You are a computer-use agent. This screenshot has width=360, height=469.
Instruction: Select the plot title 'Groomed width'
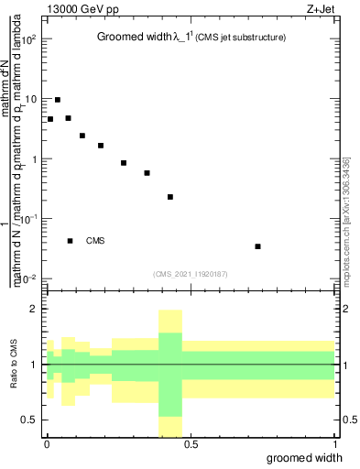(132, 38)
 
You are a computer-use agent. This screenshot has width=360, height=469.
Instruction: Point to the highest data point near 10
(58, 100)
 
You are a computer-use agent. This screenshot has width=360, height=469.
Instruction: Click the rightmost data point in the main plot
(258, 245)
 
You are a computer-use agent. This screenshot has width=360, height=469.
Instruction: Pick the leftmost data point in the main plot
(50, 119)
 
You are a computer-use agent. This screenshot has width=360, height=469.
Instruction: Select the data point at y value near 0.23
(170, 197)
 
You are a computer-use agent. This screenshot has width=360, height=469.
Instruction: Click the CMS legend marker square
(70, 241)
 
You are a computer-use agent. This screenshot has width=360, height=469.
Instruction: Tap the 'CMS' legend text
(95, 241)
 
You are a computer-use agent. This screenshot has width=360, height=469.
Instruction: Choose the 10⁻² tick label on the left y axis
(28, 278)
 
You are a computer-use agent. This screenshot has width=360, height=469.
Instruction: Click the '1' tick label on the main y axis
(35, 158)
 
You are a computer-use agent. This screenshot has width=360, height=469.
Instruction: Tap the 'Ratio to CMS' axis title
(13, 365)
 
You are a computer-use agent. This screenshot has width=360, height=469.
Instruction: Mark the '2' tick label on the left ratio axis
(35, 309)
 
